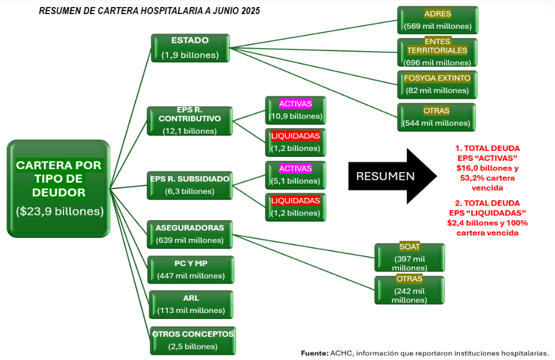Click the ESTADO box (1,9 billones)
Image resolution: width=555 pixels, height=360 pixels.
coord(190,48)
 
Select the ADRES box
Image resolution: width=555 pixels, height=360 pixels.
coord(438,20)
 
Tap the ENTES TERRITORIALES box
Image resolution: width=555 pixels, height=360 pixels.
coord(438,52)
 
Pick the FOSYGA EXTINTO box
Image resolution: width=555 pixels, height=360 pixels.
coord(438,85)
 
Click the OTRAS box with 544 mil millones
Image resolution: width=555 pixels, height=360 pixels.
coord(436,117)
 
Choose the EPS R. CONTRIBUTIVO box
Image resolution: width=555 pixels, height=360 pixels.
coord(190,122)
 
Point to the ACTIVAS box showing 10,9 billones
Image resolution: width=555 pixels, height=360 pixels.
coord(295,110)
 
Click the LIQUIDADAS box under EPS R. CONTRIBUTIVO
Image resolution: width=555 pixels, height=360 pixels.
coord(295,142)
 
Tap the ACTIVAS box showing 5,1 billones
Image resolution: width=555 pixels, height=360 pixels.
coord(295,175)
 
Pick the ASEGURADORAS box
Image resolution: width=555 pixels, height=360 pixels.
coord(190,234)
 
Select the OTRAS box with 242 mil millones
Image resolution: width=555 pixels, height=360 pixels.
coord(409,290)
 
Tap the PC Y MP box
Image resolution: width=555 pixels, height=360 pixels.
coord(191,270)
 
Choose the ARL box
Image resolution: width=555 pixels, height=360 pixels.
coord(191,304)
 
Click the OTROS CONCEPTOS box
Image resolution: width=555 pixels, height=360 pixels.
coord(193,340)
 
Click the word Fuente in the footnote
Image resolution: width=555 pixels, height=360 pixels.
coord(314,353)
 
